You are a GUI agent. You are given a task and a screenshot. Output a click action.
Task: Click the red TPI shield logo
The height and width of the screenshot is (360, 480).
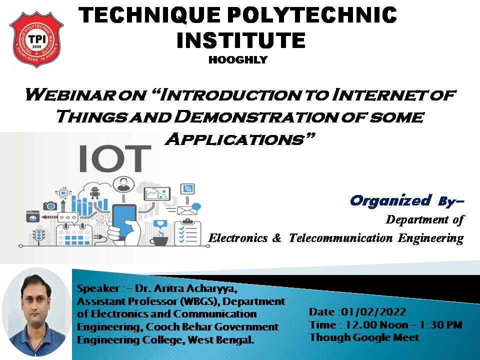coord(36,39)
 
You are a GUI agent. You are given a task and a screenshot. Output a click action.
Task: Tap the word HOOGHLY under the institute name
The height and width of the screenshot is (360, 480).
coord(238,59)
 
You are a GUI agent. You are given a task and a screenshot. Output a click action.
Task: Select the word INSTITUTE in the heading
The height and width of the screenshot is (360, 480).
coord(241,40)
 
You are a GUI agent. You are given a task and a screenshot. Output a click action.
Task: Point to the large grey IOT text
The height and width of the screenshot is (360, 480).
coord(115,159)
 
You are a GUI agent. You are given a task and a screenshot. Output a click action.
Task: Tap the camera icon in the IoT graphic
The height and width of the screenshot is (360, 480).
coord(50,205)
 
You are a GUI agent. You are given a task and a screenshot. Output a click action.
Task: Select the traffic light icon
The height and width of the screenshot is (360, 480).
coord(38,235)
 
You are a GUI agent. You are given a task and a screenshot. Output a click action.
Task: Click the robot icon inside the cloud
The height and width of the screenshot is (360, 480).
coord(94,193)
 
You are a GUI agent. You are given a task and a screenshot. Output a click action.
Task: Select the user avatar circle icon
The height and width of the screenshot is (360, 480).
coord(123,184)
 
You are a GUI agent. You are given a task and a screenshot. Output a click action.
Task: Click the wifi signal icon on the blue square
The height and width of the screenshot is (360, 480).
coord(187,189)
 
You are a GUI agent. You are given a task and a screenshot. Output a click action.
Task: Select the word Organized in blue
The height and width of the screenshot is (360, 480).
coord(391,200)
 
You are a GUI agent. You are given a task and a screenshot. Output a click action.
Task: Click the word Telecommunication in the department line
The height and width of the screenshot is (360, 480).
coord(340,238)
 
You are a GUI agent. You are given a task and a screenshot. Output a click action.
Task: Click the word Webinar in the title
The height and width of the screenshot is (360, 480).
coord(70,94)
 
